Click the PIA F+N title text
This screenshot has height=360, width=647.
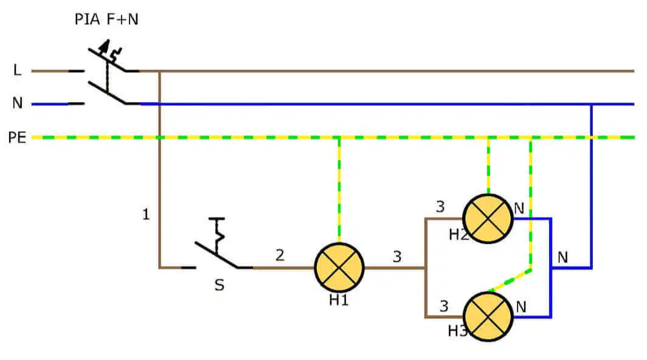pos(106,19)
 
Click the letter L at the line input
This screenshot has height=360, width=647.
pos(17,70)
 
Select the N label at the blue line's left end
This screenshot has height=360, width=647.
pos(17,103)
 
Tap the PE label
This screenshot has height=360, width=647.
pos(17,137)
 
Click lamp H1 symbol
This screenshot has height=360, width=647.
pos(339,268)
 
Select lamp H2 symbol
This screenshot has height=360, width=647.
pos(488,218)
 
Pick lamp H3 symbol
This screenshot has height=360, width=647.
pos(488,317)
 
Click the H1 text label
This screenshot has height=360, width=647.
pos(339,300)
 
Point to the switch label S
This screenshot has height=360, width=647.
pos(220,285)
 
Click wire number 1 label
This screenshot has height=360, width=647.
pos(146,214)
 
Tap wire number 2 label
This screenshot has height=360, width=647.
pos(280,255)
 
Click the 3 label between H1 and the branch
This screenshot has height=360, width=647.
pos(397,257)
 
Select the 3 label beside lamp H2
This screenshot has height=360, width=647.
pos(440,206)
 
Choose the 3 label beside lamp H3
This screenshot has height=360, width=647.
pos(444,306)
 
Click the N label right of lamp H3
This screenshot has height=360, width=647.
pos(521,307)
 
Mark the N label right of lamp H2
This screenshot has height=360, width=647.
pos(519,209)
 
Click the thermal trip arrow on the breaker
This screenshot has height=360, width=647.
pos(105,46)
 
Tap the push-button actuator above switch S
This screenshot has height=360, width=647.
pos(218,234)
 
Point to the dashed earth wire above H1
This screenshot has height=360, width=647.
pos(339,190)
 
